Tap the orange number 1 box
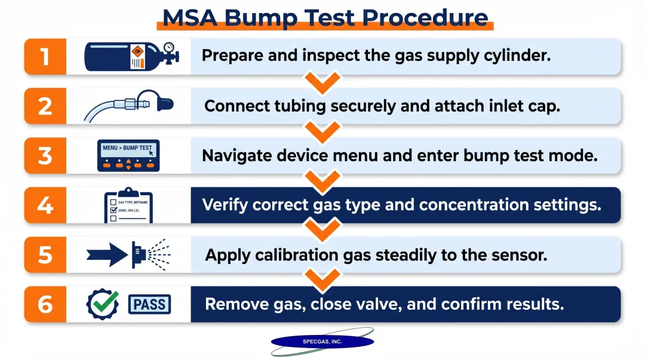tap(45, 56)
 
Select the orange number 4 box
tap(45, 205)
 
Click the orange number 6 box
tap(45, 304)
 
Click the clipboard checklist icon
tap(128, 205)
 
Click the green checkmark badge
tap(102, 304)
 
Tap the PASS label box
tap(150, 304)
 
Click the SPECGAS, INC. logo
tap(322, 341)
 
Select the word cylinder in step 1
tap(519, 56)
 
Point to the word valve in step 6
tap(371, 304)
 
